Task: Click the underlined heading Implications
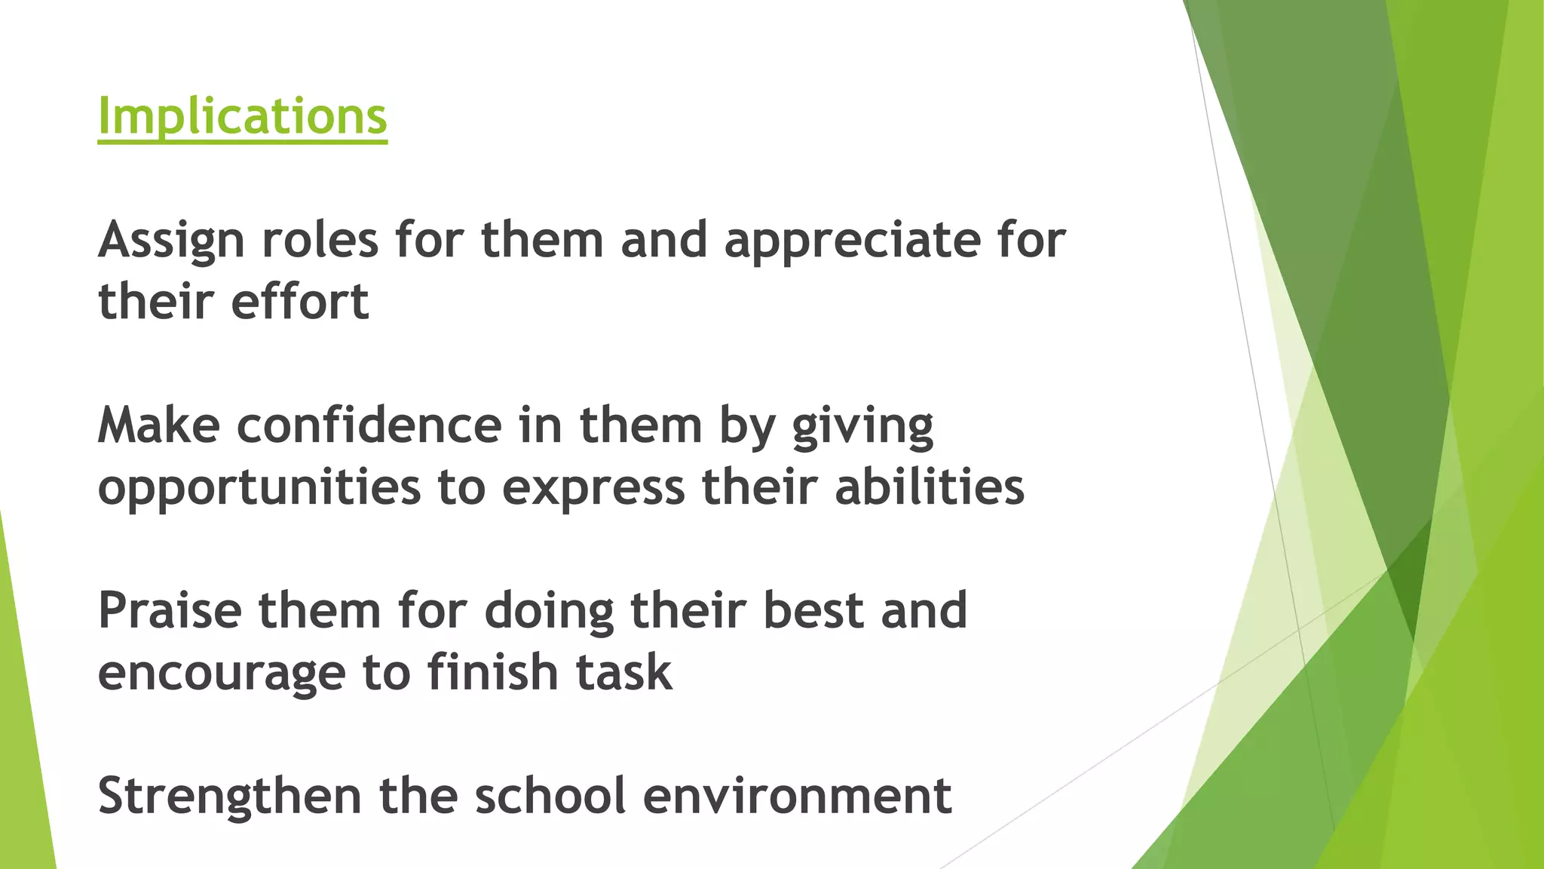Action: coord(242,117)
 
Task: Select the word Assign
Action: coord(171,241)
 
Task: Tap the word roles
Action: coord(320,241)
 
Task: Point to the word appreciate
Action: coord(852,241)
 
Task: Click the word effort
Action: coord(300,302)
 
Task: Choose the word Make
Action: coord(159,425)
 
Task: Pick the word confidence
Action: coord(369,425)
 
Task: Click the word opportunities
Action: coord(259,488)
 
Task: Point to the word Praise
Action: coord(170,610)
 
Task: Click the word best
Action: coord(813,610)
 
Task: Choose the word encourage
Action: coord(221,674)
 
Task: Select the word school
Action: coord(550,796)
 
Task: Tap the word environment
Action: coord(797,797)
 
